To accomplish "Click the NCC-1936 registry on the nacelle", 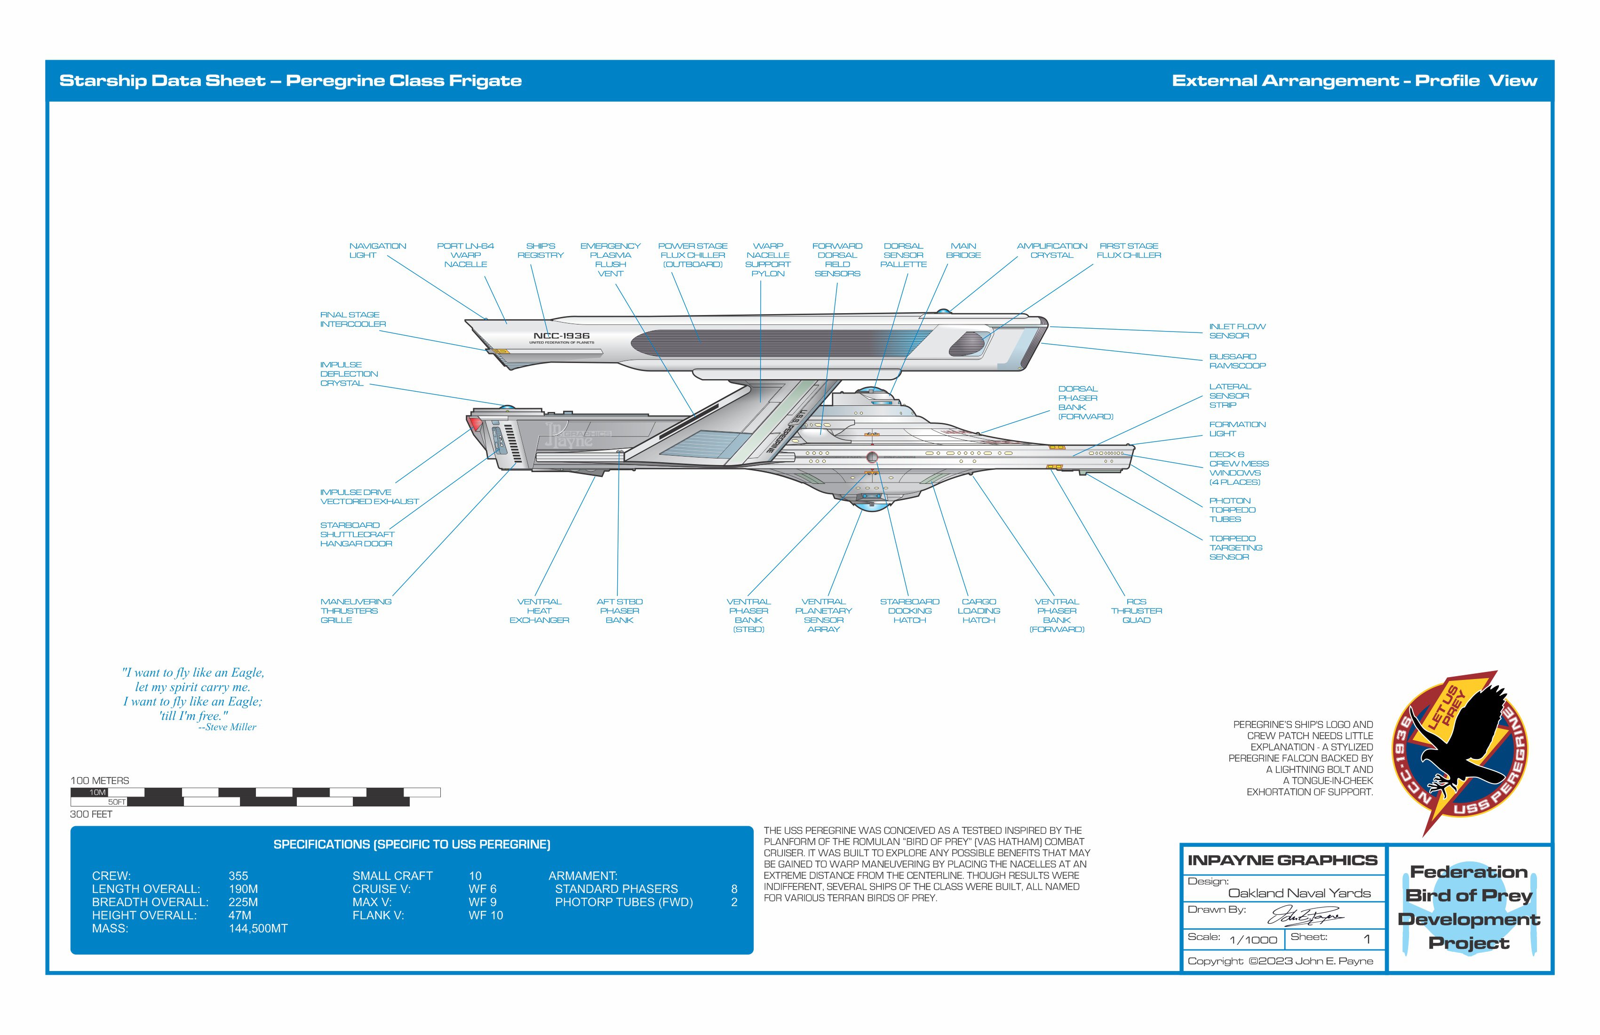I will pyautogui.click(x=561, y=336).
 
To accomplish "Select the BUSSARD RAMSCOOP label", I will pyautogui.click(x=1237, y=361).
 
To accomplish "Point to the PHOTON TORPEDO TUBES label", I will pyautogui.click(x=1232, y=509).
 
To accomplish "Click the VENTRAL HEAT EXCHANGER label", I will pyautogui.click(x=539, y=611).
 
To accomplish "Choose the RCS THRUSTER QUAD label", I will pyautogui.click(x=1136, y=611).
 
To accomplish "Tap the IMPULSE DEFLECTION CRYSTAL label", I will pyautogui.click(x=348, y=374).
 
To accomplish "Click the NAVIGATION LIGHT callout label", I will pyautogui.click(x=377, y=251).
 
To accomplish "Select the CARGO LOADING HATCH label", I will pyautogui.click(x=979, y=611).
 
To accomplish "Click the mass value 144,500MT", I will pyautogui.click(x=258, y=928).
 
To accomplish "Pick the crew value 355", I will pyautogui.click(x=238, y=876).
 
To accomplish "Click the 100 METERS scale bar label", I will pyautogui.click(x=99, y=780).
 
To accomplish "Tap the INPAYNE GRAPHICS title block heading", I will pyautogui.click(x=1282, y=860).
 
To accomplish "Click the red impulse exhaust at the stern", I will pyautogui.click(x=475, y=423).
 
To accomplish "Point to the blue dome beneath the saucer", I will pyautogui.click(x=871, y=506).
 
